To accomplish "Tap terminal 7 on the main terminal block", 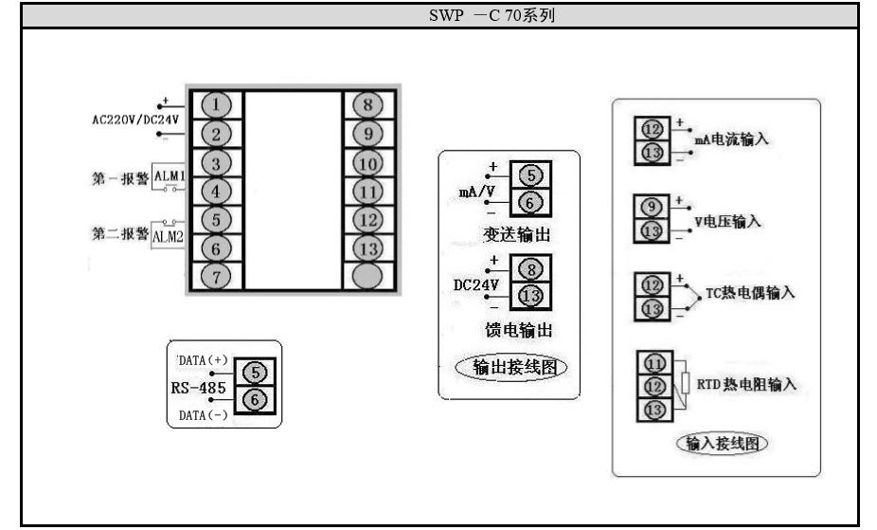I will (217, 276).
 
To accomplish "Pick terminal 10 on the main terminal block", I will (368, 165).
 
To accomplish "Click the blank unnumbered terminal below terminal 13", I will (368, 276).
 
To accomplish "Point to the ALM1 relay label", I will (169, 177).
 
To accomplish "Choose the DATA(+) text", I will (203, 360).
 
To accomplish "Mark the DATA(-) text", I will (203, 415).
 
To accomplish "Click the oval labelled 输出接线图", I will (511, 368).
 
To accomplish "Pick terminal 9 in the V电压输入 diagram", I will (652, 208).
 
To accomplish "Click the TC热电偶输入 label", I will (750, 294).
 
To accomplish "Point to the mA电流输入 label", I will (730, 139).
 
